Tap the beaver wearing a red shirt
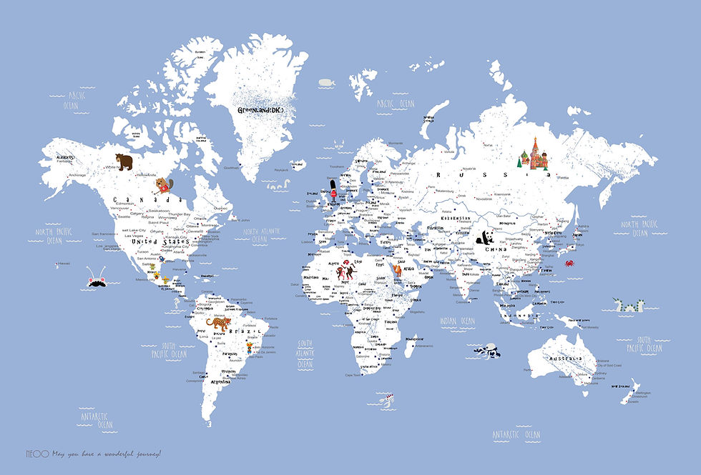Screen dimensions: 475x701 [x=165, y=187]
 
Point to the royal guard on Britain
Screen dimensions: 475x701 [x=332, y=193]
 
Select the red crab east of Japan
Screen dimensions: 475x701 [x=569, y=264]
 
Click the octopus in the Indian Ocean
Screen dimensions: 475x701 [x=489, y=352]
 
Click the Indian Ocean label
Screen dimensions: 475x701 [x=458, y=321]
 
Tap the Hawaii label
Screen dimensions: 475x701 [x=66, y=264]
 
